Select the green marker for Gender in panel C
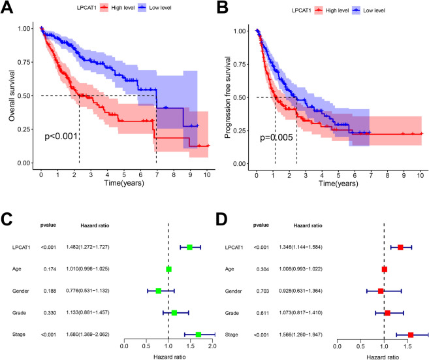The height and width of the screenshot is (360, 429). tap(159, 291)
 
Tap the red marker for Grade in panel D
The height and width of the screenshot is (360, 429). tap(388, 313)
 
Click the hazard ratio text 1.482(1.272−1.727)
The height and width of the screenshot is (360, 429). tap(97, 247)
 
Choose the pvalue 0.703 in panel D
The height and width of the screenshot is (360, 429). tap(259, 291)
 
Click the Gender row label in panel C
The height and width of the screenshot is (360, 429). tap(19, 291)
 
